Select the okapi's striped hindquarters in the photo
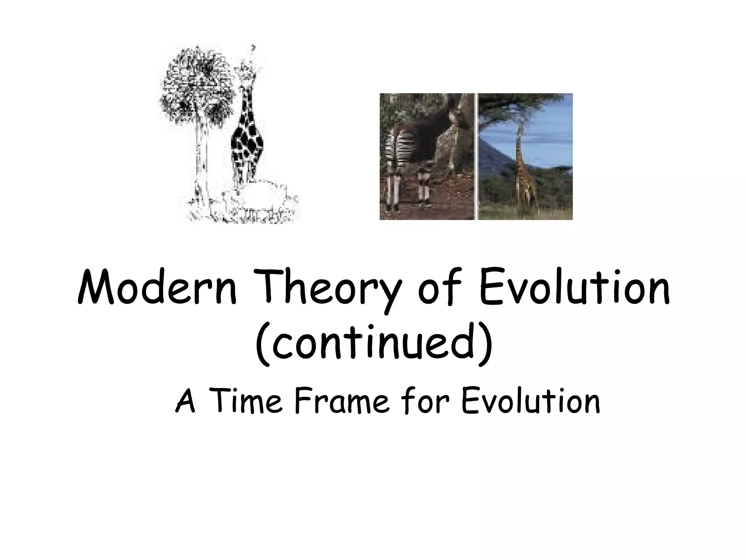pyautogui.click(x=399, y=146)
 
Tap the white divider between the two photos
pyautogui.click(x=476, y=157)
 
